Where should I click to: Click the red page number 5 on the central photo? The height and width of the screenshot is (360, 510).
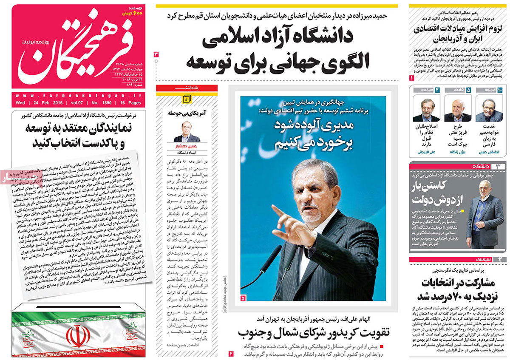point(243,298)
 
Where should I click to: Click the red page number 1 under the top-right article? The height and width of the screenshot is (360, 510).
point(411,78)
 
